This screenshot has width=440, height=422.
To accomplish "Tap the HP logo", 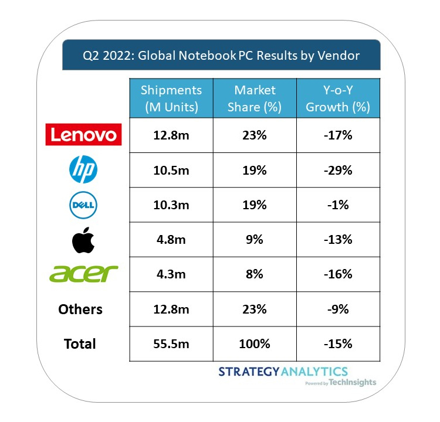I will coord(83,170).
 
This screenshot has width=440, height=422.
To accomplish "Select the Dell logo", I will coord(83,205).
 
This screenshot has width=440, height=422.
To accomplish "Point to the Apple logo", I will coord(83,239).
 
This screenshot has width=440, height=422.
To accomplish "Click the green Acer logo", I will coord(84,273).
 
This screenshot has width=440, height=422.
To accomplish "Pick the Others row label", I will coord(80,309).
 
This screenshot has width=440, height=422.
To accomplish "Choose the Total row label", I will coord(80,343).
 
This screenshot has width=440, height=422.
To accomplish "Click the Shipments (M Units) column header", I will coord(171,98).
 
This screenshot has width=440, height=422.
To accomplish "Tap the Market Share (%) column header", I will coord(255,98).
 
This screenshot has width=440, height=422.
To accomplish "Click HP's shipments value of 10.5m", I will coord(171,171).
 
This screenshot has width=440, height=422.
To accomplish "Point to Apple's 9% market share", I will coord(255,240).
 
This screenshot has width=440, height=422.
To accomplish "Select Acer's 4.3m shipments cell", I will coord(171,274).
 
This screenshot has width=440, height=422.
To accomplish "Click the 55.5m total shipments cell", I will coord(171,343).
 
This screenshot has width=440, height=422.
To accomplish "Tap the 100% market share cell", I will coord(255,343).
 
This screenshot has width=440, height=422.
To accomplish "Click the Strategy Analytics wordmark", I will coord(283,372).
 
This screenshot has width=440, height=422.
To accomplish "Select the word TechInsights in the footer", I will coord(354,382).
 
